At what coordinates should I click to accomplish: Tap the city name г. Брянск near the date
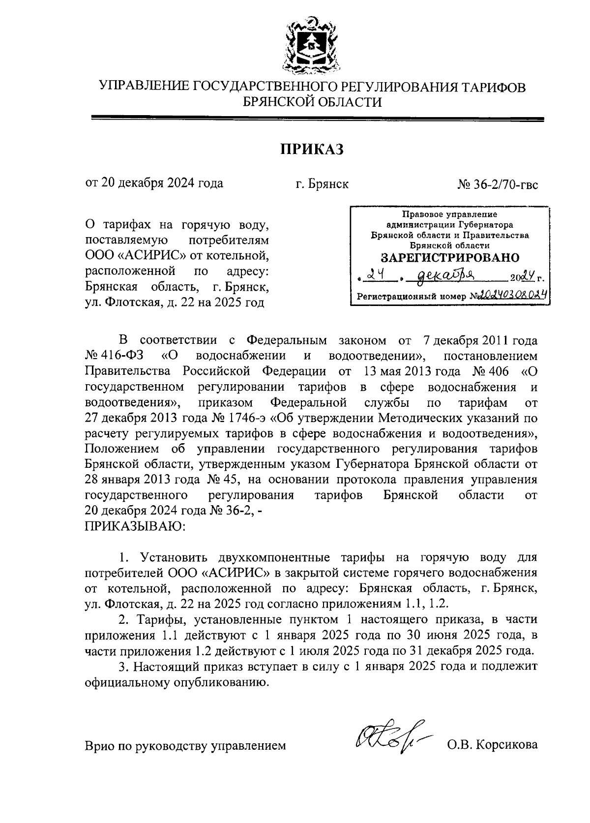[322, 184]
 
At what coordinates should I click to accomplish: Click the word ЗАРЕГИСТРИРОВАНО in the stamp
[450, 258]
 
